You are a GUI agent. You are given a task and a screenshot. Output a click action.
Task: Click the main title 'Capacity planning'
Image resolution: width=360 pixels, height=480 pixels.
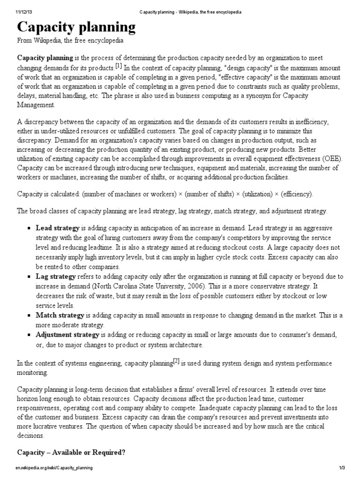point(76,28)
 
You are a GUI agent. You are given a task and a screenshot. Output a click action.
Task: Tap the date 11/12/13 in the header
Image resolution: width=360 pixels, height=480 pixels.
point(16,12)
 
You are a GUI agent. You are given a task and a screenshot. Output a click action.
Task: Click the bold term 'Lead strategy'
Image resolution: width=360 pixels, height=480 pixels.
point(58,228)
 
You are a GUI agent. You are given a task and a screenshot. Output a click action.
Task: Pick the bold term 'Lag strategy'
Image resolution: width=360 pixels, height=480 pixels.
point(56,277)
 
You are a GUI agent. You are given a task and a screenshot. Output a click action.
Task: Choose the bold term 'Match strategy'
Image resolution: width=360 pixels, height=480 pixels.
point(60,315)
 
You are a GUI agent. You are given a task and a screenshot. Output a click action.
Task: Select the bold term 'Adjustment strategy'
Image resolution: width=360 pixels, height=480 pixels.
point(67,335)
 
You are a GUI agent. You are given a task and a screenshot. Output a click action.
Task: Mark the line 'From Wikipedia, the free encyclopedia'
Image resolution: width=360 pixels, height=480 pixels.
point(70,41)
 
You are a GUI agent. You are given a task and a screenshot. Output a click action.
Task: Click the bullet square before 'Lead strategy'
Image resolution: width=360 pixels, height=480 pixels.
point(30,229)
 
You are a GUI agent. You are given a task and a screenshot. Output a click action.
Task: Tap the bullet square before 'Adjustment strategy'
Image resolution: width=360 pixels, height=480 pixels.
point(30,336)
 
